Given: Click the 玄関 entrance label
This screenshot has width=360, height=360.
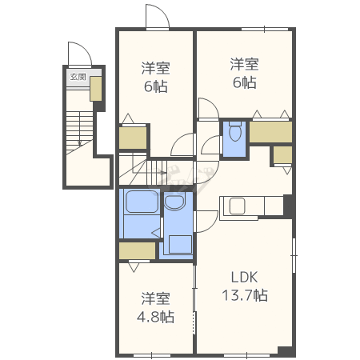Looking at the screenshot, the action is (x=78, y=77).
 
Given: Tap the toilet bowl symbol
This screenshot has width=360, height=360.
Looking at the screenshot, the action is (x=235, y=132).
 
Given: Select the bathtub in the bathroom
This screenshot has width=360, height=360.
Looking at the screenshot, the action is (x=142, y=202).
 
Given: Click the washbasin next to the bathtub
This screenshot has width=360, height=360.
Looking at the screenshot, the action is (x=174, y=202).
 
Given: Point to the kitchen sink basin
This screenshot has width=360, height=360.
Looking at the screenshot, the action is (x=237, y=206).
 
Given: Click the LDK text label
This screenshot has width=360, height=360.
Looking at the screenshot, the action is (x=244, y=277).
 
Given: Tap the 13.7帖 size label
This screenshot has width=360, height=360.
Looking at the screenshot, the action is (x=245, y=295).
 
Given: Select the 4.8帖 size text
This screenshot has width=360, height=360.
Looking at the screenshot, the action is (x=155, y=317).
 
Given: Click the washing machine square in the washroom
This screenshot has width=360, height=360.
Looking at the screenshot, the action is (x=181, y=244).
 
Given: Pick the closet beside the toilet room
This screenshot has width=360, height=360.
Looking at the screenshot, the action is (x=270, y=132).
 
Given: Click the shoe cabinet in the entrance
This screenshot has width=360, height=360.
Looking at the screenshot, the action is (x=96, y=89).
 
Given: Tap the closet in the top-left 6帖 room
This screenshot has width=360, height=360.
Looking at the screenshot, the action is (x=133, y=138).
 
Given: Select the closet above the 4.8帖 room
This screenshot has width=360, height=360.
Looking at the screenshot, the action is (x=137, y=250).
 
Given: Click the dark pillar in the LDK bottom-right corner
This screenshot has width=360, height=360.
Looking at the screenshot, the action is (x=285, y=350).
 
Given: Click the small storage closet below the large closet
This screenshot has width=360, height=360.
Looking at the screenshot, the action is (x=282, y=154).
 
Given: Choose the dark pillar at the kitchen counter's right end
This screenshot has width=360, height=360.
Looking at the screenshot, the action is (x=288, y=205).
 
